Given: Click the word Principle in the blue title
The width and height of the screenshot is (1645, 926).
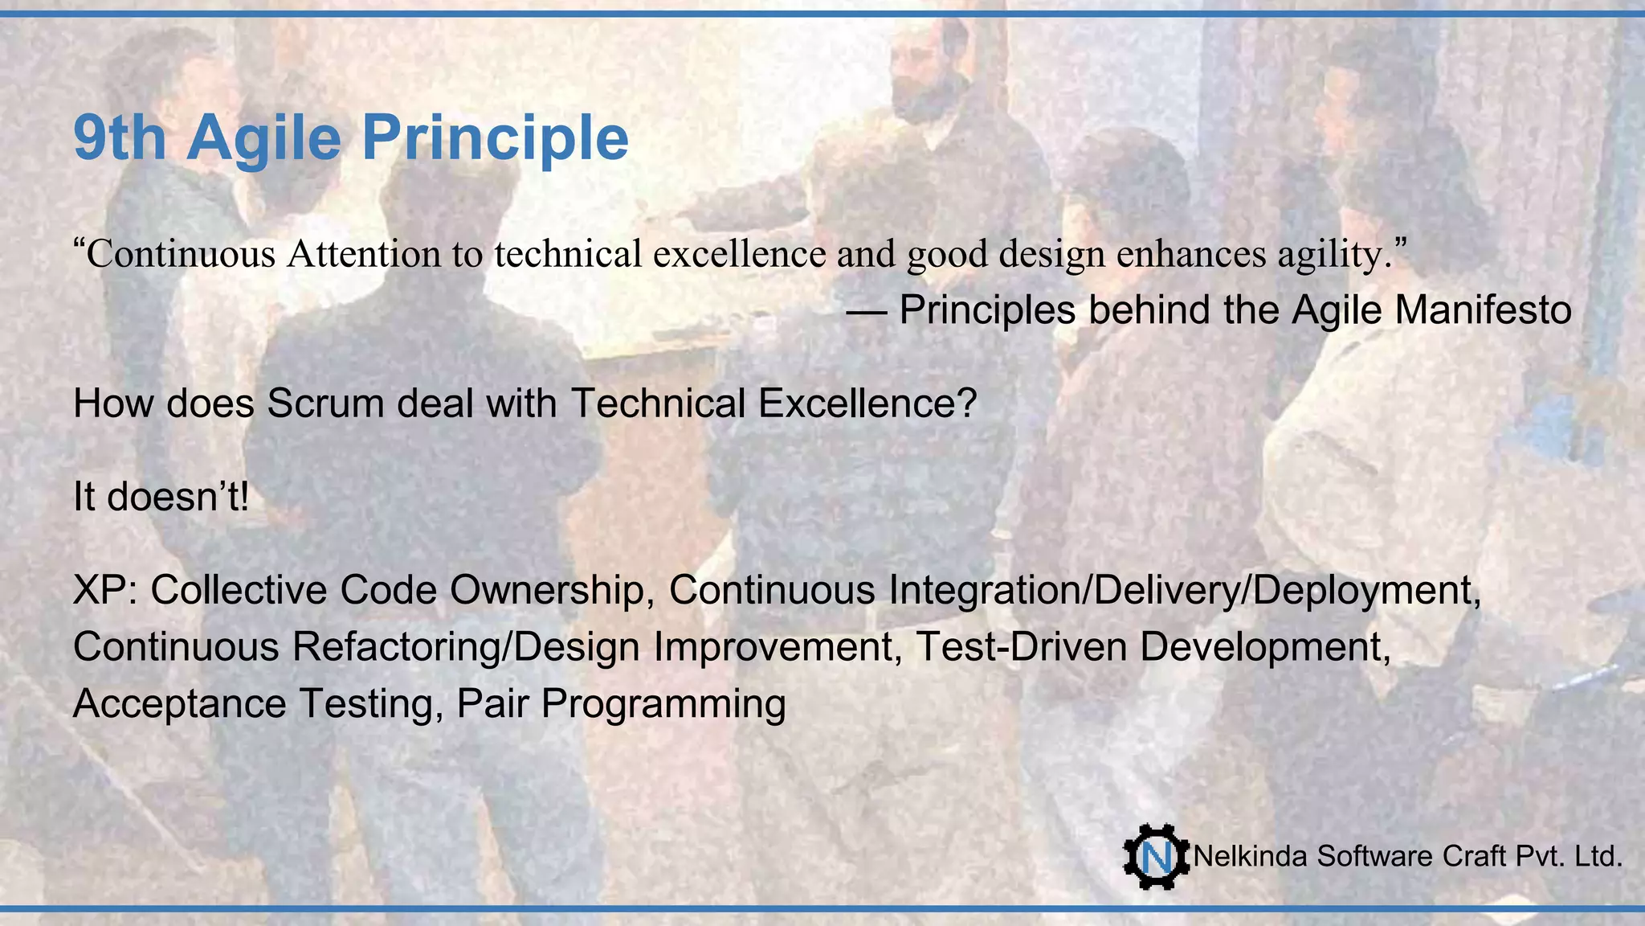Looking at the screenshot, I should pos(494,138).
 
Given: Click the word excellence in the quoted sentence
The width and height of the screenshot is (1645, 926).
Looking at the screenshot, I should pos(739,254).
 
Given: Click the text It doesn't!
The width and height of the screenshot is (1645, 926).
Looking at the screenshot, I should pos(161,497).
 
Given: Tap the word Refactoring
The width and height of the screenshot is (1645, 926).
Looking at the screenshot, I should pos(397,647).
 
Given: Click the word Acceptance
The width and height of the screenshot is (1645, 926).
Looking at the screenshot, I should pos(179,704).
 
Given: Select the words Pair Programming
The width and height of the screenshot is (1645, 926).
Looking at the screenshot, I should pos(621,704).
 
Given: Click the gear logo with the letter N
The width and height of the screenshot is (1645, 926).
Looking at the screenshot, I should pos(1156,857).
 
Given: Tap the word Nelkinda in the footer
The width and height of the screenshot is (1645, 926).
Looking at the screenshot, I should pos(1251,857).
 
